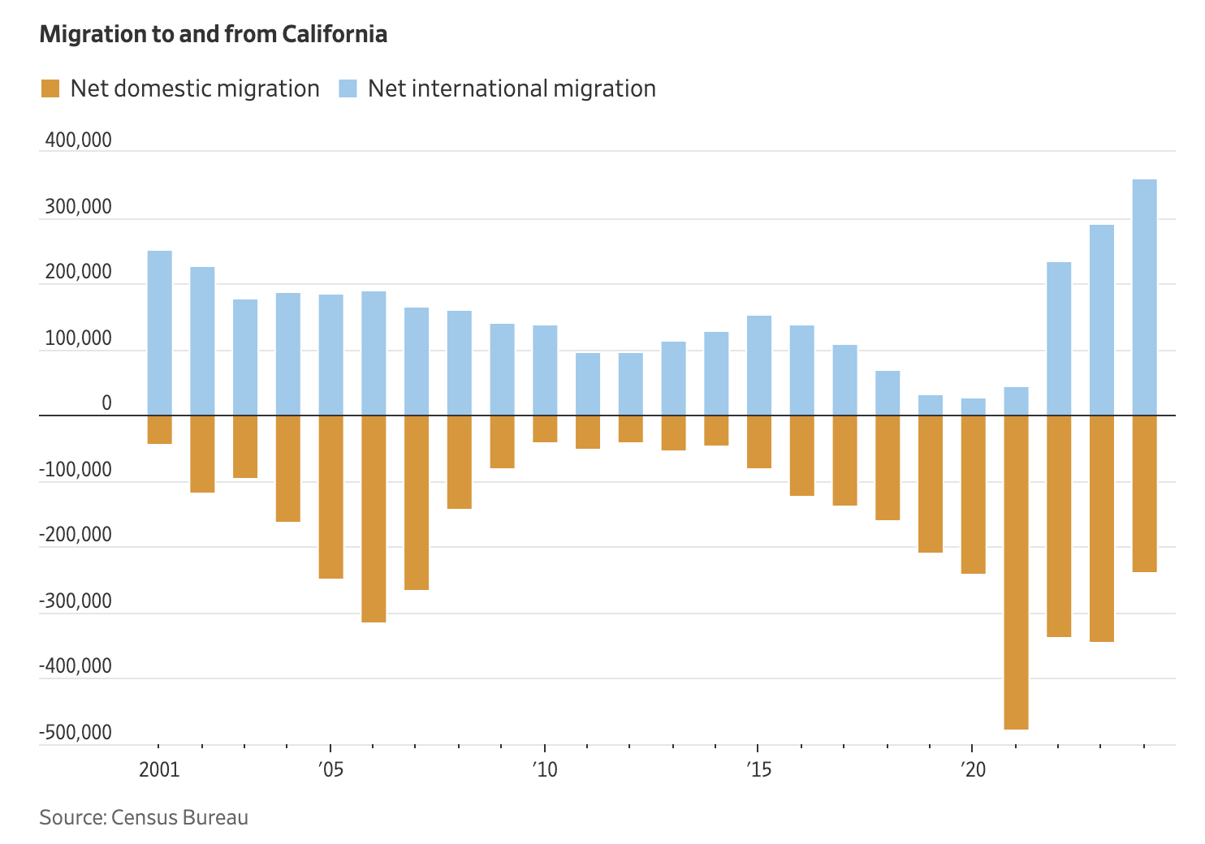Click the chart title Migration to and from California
(213, 35)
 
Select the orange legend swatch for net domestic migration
(50, 88)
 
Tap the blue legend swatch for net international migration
(348, 88)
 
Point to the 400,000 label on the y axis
(78, 141)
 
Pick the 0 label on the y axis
(106, 404)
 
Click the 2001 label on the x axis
(159, 769)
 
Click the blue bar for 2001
(160, 333)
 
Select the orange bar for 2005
(330, 497)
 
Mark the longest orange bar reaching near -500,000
(1016, 572)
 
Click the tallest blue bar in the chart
(1144, 297)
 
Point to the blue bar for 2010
(545, 370)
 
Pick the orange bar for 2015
(759, 441)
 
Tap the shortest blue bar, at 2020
(973, 407)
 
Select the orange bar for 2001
(160, 429)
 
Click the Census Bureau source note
(144, 817)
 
